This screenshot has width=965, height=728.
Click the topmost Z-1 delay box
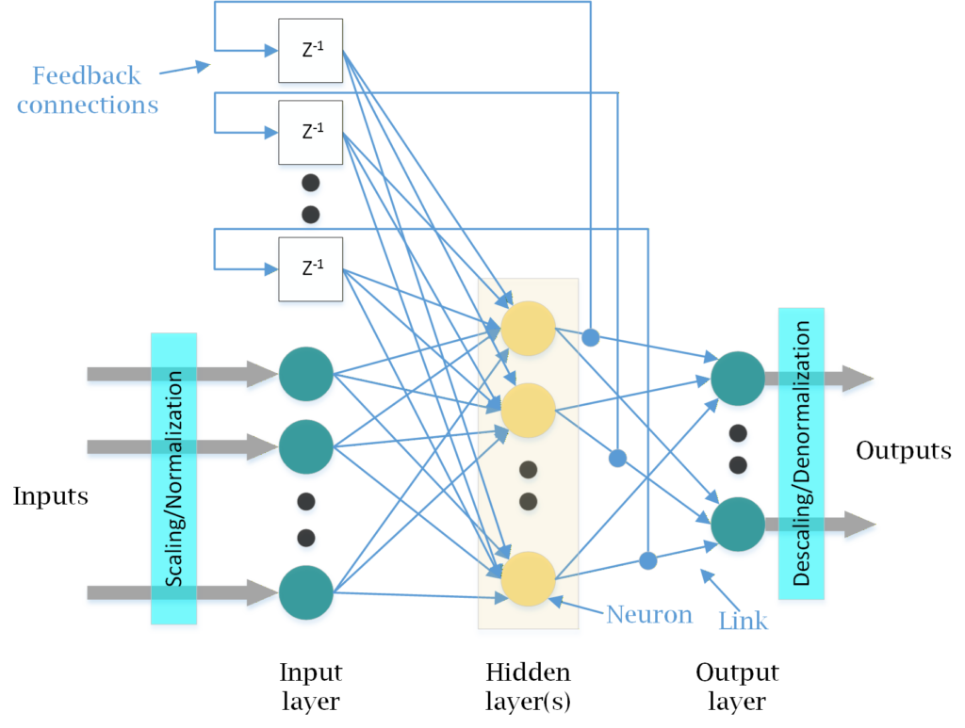pos(310,50)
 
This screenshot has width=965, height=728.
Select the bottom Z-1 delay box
pos(310,269)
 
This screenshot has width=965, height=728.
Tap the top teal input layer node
pos(305,374)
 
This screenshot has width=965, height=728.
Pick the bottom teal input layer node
pos(305,592)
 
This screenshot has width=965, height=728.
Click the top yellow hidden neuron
pos(528,328)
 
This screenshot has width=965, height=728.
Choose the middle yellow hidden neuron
pos(528,410)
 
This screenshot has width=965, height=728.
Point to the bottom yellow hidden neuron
pos(528,577)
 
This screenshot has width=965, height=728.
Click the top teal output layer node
pos(738,379)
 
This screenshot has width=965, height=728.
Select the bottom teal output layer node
pos(738,525)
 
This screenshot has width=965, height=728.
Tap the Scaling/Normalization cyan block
pos(173,477)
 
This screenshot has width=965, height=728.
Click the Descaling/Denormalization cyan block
pos(801,453)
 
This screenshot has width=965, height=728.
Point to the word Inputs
pos(51,495)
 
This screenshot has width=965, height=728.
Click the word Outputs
pos(903,450)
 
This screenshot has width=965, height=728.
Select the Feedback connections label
pos(87,89)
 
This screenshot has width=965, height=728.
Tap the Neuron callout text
pos(649,615)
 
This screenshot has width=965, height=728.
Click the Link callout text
pos(743,621)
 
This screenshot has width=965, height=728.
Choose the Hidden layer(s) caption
pos(528,687)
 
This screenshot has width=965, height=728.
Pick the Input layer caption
pos(310,687)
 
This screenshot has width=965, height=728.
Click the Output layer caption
pos(737,687)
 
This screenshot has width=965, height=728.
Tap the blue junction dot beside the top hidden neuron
pos(590,336)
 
